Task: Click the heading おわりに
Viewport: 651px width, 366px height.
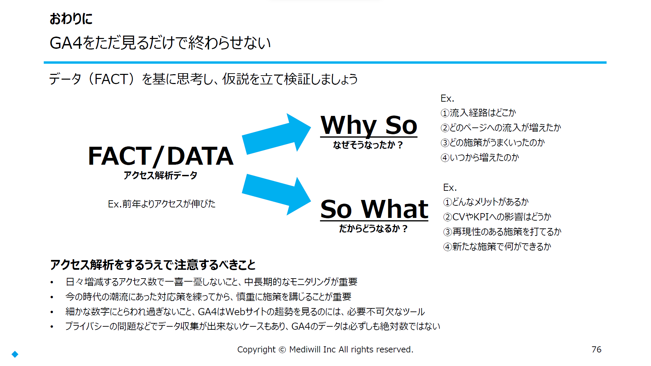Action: (71, 19)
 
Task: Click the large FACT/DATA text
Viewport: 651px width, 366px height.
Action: (161, 156)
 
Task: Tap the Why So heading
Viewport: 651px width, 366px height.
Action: (369, 125)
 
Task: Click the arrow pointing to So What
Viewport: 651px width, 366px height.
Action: (276, 195)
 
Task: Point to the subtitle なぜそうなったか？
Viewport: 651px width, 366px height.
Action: (368, 145)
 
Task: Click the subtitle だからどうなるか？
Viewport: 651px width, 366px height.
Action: (373, 229)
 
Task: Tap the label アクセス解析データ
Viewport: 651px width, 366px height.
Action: (160, 175)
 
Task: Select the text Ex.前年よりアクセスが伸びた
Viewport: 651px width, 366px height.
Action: (162, 204)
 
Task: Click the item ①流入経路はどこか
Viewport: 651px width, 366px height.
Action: (478, 113)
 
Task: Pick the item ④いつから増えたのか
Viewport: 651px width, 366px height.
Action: (480, 158)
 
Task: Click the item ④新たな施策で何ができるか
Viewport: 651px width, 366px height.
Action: (497, 247)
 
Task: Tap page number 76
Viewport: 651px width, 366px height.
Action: (596, 349)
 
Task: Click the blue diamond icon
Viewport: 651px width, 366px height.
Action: (15, 354)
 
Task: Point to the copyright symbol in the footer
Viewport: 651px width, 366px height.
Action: (282, 350)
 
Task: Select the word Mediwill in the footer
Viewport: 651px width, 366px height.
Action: (305, 349)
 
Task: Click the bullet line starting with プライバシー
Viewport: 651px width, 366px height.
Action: (253, 326)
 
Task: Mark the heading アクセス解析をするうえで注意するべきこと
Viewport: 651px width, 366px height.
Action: (153, 265)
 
